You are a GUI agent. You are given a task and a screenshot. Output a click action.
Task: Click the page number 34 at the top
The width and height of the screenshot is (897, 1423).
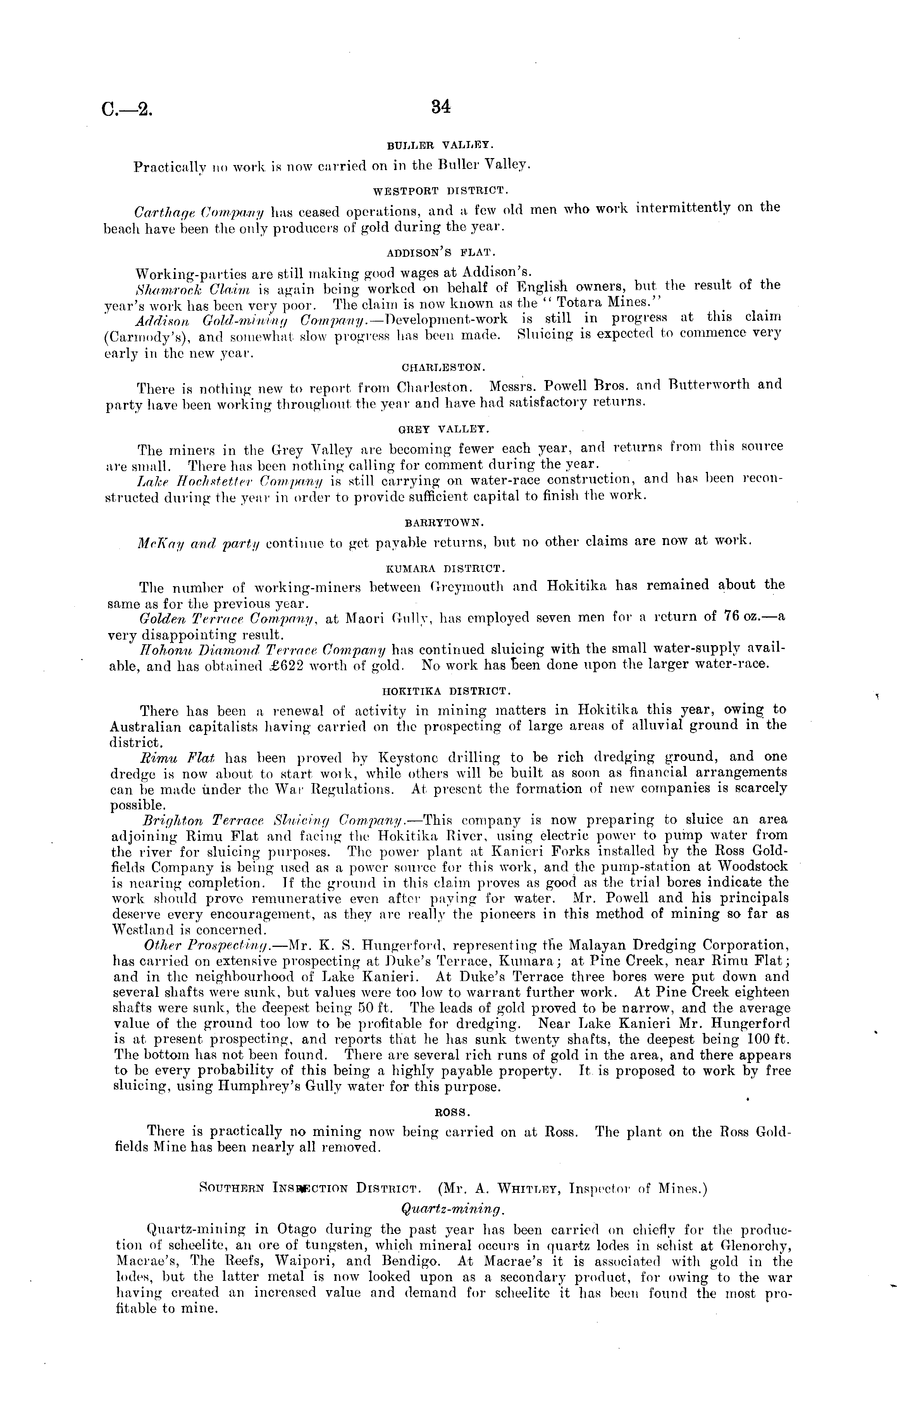click(x=441, y=107)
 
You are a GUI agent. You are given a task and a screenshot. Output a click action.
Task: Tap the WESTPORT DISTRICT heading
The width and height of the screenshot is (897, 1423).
click(x=440, y=191)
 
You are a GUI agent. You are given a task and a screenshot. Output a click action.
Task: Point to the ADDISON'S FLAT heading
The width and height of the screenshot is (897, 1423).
click(x=440, y=253)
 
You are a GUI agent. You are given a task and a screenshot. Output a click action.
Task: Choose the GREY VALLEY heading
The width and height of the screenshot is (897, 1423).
click(x=444, y=428)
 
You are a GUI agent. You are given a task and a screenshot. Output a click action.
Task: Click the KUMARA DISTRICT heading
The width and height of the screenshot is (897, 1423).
click(x=445, y=568)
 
